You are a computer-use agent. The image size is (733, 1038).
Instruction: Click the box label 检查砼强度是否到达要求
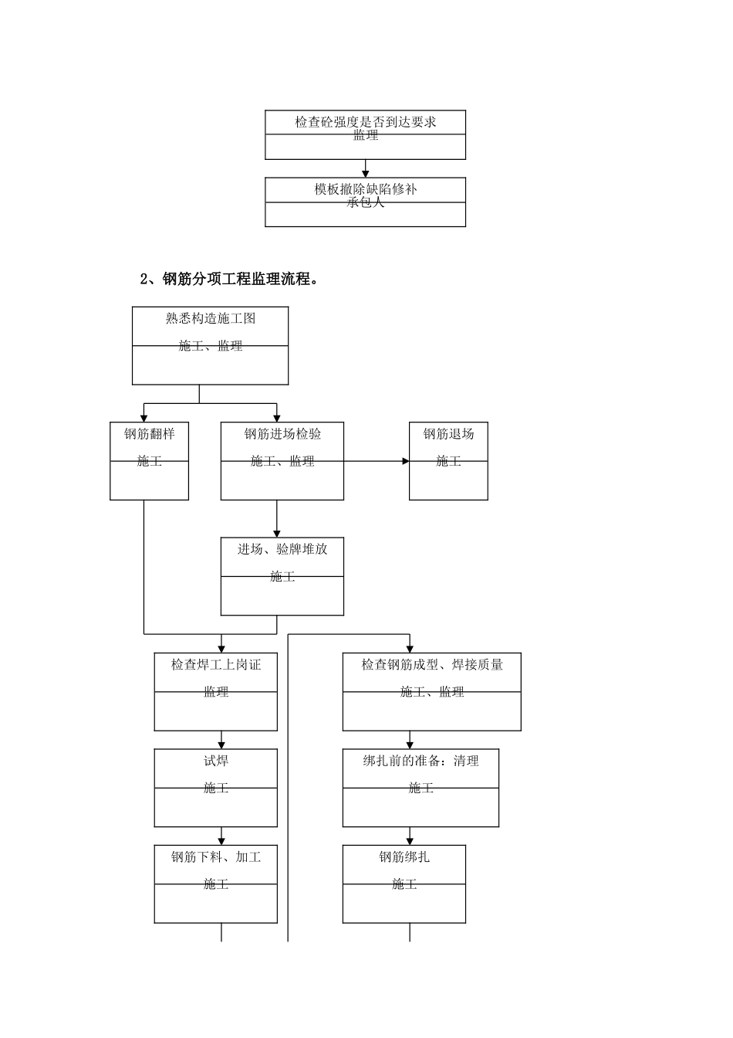[365, 122]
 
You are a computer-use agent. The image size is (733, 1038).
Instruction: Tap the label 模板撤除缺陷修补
[365, 189]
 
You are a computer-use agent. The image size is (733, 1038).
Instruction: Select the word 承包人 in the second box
[365, 203]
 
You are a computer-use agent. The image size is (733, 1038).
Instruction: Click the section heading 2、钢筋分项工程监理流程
[229, 280]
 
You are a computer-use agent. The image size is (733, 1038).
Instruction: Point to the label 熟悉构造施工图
[210, 318]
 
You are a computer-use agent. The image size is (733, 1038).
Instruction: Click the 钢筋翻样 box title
[150, 434]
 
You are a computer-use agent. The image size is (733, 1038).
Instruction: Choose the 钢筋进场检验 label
[282, 434]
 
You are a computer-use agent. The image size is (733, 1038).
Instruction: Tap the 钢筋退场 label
[448, 434]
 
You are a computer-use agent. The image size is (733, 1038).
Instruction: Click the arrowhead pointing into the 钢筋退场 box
[405, 461]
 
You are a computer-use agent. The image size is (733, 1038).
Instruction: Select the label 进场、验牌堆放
[282, 549]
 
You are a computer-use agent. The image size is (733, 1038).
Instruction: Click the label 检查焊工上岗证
[216, 664]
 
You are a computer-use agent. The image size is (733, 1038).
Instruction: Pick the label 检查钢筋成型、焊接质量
[432, 664]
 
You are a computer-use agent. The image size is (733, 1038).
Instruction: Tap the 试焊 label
[216, 761]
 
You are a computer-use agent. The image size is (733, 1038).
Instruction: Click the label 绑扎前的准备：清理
[421, 761]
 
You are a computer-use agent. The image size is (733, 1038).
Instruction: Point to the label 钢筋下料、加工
[216, 857]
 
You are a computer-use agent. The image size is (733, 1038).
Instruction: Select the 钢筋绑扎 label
[404, 857]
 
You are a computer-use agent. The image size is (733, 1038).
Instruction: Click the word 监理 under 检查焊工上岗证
[216, 692]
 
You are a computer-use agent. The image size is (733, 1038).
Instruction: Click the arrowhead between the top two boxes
[365, 173]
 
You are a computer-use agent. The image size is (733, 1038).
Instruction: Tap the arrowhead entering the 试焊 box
[221, 745]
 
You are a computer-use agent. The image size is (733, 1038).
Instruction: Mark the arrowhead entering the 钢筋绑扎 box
[410, 840]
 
